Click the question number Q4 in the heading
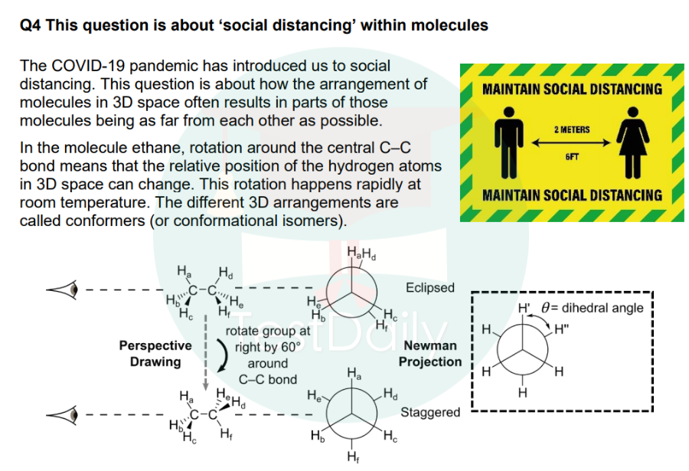tap(31, 25)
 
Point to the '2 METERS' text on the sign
tap(572, 129)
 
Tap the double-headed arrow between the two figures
tap(571, 142)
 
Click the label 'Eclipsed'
tap(429, 288)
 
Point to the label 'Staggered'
tap(430, 413)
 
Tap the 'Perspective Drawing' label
tap(155, 354)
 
